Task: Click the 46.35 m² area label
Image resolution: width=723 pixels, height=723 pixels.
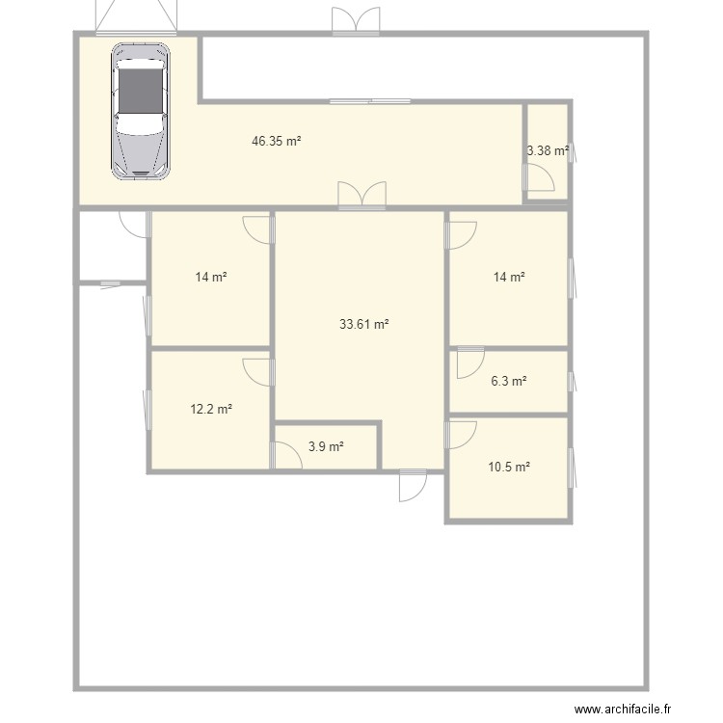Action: click(x=277, y=141)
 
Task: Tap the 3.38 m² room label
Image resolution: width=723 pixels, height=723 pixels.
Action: click(x=547, y=150)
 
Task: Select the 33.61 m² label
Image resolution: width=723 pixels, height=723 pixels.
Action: click(x=363, y=325)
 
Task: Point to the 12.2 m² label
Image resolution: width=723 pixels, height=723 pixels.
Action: click(x=211, y=409)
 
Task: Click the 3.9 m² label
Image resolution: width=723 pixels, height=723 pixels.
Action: click(x=326, y=447)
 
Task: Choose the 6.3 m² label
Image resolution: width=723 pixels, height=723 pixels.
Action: click(x=508, y=381)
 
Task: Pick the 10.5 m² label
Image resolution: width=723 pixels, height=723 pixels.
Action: click(x=509, y=468)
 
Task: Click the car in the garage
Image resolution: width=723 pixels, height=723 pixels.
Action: click(x=141, y=111)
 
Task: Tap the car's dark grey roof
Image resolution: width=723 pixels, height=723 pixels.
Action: click(x=141, y=89)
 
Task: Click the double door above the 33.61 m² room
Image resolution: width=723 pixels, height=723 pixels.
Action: click(x=361, y=195)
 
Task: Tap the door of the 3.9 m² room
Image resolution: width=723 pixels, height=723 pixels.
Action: click(x=286, y=455)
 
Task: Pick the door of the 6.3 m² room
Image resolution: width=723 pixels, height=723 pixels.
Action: click(x=469, y=361)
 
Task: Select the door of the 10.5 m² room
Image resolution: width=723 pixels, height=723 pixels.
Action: click(x=459, y=434)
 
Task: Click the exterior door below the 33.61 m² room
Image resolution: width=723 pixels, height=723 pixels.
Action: click(x=413, y=485)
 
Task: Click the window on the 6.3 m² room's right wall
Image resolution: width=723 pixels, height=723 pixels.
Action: click(x=571, y=382)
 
